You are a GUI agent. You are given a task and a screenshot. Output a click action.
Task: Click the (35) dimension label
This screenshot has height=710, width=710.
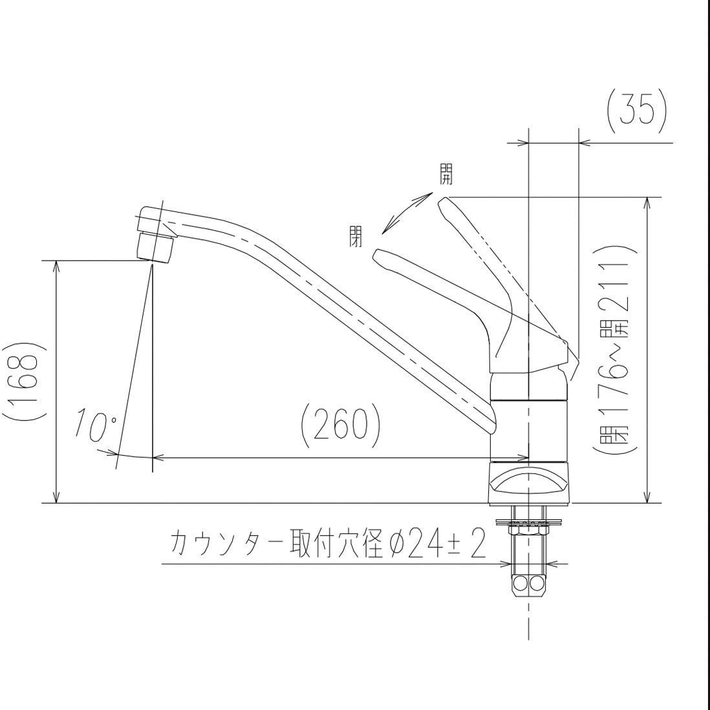click(636, 111)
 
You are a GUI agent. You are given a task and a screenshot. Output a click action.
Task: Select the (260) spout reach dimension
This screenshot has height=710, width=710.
click(341, 425)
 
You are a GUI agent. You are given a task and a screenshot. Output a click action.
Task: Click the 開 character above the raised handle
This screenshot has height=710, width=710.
click(446, 174)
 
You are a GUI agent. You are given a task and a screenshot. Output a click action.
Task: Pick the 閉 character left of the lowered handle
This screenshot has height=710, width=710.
click(355, 235)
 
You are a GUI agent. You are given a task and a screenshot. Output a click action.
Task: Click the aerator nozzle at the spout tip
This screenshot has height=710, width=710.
click(156, 247)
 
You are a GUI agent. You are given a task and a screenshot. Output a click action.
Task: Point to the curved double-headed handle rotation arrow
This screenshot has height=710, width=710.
click(406, 213)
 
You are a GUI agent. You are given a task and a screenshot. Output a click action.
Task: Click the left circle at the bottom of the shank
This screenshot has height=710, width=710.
click(521, 585)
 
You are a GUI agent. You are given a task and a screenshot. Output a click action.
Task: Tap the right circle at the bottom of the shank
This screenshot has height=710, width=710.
click(537, 585)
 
